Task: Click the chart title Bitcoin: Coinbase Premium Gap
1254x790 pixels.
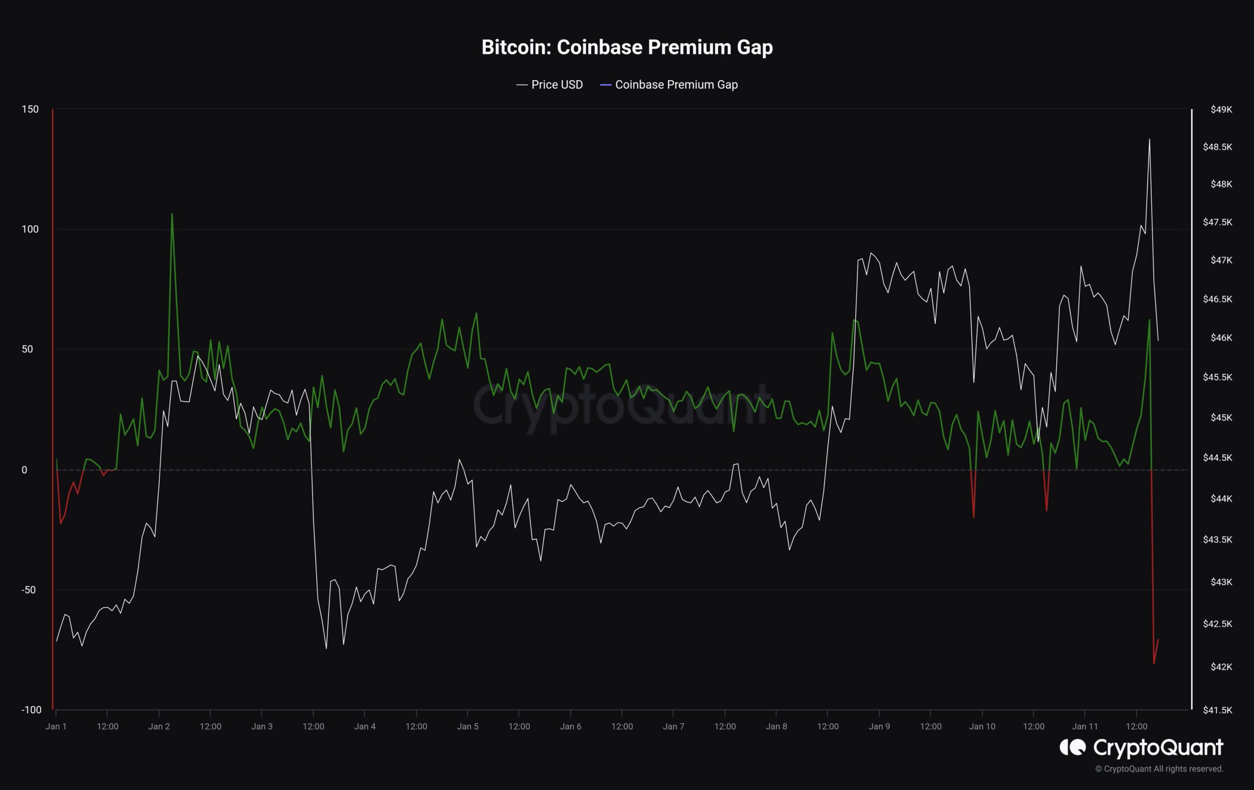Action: pos(627,48)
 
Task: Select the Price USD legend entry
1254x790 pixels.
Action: pos(550,84)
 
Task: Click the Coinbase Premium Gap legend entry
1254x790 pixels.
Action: pos(669,84)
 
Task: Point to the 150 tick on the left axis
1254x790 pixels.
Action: pos(30,109)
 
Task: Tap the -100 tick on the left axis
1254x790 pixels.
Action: pos(31,710)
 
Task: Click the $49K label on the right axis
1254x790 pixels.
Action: pos(1221,109)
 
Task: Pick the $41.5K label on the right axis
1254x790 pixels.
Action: pos(1218,710)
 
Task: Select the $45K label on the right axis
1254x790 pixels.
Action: pos(1221,417)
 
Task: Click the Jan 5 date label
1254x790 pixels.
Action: pos(468,726)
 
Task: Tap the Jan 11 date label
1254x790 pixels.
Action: pos(1085,726)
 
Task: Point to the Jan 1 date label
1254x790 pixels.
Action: pos(56,726)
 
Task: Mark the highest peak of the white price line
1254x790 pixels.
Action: pos(1149,139)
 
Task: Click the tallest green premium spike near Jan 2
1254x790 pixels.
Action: pos(172,214)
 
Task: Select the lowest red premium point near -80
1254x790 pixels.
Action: pos(1154,664)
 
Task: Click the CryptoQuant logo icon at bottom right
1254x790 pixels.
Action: pos(1073,747)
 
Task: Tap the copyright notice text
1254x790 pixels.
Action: pos(1159,768)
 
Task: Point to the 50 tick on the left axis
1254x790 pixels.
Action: pos(27,349)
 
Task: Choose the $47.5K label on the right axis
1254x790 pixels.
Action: pos(1218,222)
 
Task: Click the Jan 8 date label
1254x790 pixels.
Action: pos(776,726)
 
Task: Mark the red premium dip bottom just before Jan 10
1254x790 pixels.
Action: pos(973,517)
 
